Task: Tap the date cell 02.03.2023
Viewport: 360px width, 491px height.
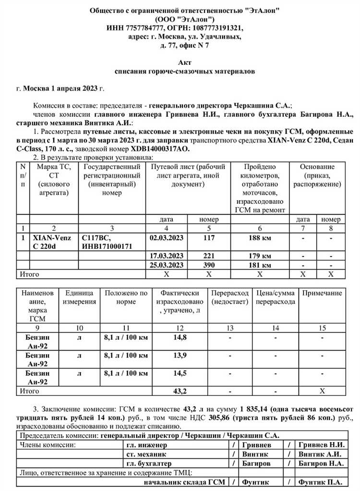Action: pos(167,237)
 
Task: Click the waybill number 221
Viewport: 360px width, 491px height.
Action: pos(209,256)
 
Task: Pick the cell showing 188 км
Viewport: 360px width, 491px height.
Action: pos(259,237)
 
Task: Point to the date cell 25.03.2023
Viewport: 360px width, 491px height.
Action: pos(167,265)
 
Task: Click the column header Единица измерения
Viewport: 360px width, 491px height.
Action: pos(80,297)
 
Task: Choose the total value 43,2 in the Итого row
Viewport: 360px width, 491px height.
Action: pos(180,391)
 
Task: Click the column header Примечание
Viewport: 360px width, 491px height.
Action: pos(322,293)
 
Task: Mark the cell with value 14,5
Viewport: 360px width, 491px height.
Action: pos(180,373)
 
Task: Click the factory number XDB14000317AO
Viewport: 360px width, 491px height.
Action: pos(160,149)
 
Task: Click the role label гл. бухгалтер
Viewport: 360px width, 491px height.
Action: pos(149,463)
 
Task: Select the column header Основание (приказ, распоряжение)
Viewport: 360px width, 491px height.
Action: pos(317,175)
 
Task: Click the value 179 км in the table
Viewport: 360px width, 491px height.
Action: pos(259,256)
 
